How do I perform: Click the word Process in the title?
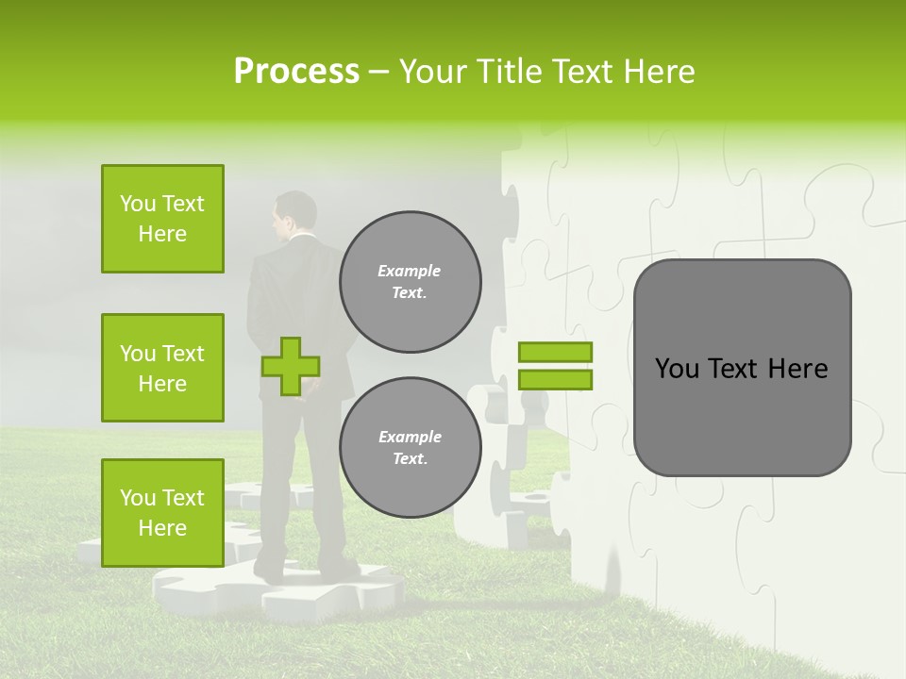pos(296,72)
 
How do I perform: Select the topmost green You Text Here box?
pos(162,219)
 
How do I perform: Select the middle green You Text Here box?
pos(162,368)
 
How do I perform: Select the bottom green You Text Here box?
pos(162,512)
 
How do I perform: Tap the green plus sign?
pos(291,366)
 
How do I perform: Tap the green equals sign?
pos(555,366)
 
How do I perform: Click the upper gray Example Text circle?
pos(410,282)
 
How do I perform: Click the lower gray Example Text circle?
pos(410,447)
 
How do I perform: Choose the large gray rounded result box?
pos(742,368)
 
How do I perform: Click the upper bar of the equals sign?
pos(555,353)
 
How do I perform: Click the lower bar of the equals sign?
pos(555,379)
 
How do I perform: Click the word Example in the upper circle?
pos(410,271)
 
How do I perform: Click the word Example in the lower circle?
pos(410,437)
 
